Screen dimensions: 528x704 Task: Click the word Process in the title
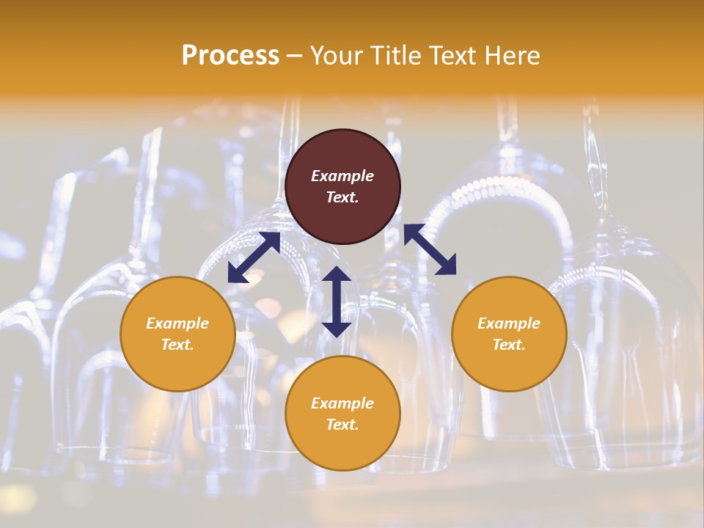coord(230,56)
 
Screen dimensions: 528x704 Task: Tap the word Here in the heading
coord(511,56)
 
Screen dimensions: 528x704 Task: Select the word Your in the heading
coord(337,56)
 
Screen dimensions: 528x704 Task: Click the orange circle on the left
coord(177,334)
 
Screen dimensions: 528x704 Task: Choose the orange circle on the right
coord(509,334)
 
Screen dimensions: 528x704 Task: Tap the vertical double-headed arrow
coord(337,301)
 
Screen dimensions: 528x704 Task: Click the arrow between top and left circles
coord(254,257)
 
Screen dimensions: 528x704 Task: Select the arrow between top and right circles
coord(430,249)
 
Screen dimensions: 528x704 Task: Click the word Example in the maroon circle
coord(342,176)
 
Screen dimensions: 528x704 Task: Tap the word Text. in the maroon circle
coord(342,197)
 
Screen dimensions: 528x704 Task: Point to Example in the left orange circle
coord(177,323)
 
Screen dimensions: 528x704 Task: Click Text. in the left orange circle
coord(177,345)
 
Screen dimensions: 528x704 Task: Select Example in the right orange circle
coord(509,323)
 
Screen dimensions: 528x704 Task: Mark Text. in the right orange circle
coord(509,345)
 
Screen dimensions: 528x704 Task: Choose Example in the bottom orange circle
coord(342,403)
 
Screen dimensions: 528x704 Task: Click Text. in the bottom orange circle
coord(342,425)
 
